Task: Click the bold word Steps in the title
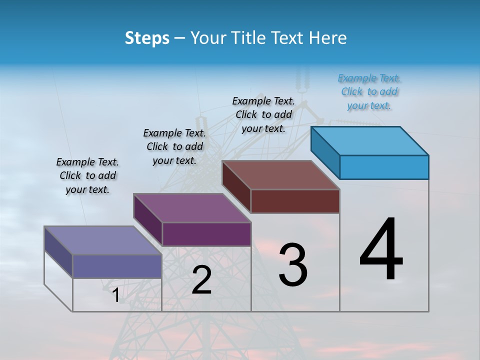click(147, 38)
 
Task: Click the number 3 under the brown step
click(293, 264)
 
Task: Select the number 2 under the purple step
click(201, 280)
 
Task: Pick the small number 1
click(116, 295)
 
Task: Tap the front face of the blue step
click(384, 167)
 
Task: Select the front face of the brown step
click(295, 201)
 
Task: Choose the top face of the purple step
click(192, 208)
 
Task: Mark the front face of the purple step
click(206, 234)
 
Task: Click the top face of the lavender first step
click(103, 240)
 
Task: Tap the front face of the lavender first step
click(117, 266)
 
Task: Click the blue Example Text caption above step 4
click(369, 92)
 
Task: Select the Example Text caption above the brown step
click(263, 114)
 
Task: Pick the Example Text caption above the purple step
click(174, 146)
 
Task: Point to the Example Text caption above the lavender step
click(87, 175)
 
